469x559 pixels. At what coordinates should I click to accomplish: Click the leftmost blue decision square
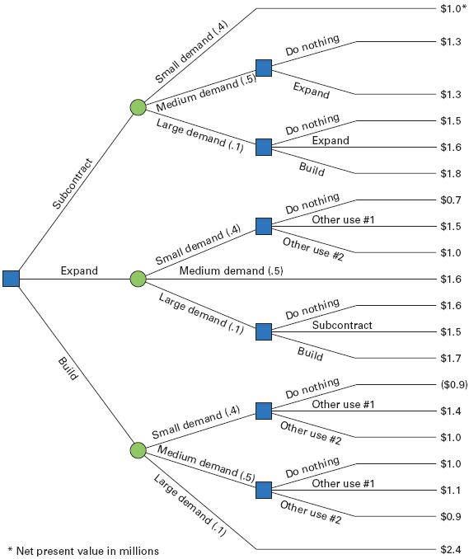pyautogui.click(x=11, y=279)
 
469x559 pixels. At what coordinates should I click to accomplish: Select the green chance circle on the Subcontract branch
pyautogui.click(x=138, y=107)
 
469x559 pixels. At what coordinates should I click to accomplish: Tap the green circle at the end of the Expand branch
pyautogui.click(x=138, y=279)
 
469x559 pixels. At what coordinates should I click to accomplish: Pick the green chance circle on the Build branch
pyautogui.click(x=138, y=450)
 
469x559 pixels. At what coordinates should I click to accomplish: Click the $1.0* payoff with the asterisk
pyautogui.click(x=453, y=8)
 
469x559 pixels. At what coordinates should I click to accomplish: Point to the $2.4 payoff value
pyautogui.click(x=451, y=549)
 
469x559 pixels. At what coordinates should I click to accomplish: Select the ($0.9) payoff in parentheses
pyautogui.click(x=453, y=385)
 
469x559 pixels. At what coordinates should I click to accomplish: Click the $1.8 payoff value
pyautogui.click(x=451, y=174)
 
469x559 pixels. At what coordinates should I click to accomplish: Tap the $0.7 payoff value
pyautogui.click(x=451, y=200)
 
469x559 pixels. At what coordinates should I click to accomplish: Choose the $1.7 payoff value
pyautogui.click(x=451, y=359)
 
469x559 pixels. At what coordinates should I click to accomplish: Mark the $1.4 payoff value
pyautogui.click(x=451, y=411)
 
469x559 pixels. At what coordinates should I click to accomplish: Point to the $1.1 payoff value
pyautogui.click(x=451, y=491)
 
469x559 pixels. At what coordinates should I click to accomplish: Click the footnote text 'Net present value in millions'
pyautogui.click(x=87, y=551)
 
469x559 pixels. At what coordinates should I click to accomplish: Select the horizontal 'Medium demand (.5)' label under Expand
pyautogui.click(x=232, y=271)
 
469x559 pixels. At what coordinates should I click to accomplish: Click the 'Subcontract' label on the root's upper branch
pyautogui.click(x=73, y=184)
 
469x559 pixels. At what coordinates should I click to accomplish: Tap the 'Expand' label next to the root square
pyautogui.click(x=79, y=270)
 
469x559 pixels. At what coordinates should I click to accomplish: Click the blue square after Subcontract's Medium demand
pyautogui.click(x=264, y=68)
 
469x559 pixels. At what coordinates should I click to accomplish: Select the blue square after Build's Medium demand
pyautogui.click(x=264, y=490)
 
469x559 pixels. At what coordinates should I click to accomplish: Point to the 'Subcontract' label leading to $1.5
pyautogui.click(x=342, y=325)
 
